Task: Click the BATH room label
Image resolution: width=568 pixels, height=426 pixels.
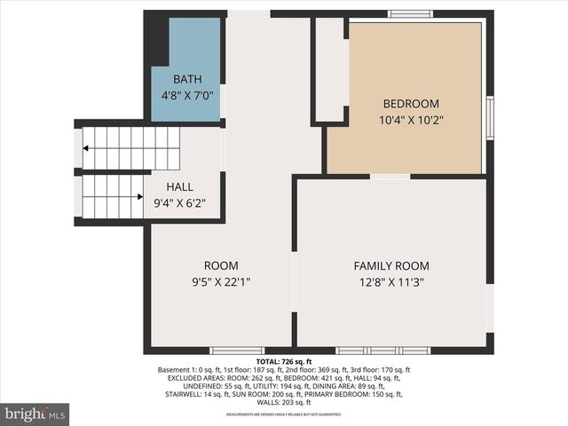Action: [187, 79]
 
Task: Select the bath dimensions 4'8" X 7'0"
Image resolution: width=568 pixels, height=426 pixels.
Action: [187, 94]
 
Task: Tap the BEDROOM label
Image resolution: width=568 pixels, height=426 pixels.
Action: [411, 103]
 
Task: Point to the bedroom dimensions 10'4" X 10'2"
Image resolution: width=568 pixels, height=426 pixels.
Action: [411, 119]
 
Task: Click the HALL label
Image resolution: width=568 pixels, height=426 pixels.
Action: [180, 187]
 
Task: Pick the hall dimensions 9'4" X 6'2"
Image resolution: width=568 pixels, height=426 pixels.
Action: [180, 202]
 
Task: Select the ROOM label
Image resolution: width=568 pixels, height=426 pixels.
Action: [221, 265]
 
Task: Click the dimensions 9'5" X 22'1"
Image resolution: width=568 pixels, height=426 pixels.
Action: [221, 281]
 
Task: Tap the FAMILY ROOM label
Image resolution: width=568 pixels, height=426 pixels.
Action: [391, 265]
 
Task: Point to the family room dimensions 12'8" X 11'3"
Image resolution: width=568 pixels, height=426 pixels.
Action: [391, 281]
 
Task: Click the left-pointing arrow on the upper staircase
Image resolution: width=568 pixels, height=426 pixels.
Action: [89, 148]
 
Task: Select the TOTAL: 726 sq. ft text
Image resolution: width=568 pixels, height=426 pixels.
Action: [284, 362]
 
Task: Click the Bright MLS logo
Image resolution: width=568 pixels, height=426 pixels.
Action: [35, 414]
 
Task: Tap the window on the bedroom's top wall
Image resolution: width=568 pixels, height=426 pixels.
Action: [410, 13]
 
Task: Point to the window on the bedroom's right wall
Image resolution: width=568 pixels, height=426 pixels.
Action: [490, 118]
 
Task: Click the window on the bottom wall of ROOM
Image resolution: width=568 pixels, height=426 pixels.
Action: [237, 351]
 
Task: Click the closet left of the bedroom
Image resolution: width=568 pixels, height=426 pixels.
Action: [331, 69]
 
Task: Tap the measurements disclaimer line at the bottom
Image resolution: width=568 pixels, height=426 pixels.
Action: [284, 414]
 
